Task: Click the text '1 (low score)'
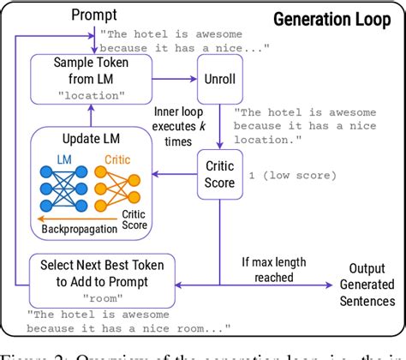coord(285,176)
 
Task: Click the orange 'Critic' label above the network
coord(119,159)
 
